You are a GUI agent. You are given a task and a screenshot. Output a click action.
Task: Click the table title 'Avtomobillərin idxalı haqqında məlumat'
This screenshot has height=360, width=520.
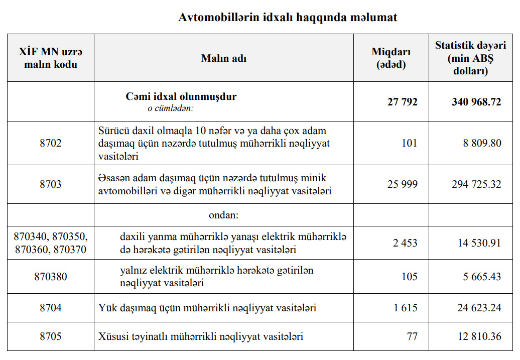[x=288, y=18]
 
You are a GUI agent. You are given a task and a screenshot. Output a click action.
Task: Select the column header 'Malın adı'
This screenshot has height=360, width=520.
[x=223, y=58]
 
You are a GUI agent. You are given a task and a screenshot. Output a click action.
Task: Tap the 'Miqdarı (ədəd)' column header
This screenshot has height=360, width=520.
[x=391, y=58]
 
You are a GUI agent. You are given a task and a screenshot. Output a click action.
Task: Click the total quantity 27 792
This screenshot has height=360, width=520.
[x=402, y=102]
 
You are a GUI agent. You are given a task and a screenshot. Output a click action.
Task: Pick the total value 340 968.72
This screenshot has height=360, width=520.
[x=476, y=102]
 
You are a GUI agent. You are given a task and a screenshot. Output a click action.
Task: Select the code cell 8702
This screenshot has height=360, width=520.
[x=51, y=143]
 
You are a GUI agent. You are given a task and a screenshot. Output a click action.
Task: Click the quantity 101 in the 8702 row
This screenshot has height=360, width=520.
[x=409, y=143]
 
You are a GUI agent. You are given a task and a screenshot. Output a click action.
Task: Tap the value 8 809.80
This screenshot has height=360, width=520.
[x=482, y=143]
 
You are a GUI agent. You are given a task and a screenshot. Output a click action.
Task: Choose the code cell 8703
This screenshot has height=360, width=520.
[x=51, y=184]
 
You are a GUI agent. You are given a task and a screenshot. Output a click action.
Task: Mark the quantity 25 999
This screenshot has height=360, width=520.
[x=402, y=184]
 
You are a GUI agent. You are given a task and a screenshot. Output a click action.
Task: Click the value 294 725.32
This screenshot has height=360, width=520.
[x=476, y=184]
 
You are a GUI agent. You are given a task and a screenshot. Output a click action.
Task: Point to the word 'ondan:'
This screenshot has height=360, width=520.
[x=223, y=215]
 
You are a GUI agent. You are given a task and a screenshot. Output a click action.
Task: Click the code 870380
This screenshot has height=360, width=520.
[x=51, y=277]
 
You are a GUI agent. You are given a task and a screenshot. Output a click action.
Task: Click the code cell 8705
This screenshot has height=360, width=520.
[x=51, y=336]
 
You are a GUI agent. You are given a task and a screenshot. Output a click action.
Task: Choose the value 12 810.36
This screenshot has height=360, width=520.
[x=479, y=336]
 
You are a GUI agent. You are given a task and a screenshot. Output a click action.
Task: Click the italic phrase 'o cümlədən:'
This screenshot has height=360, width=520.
[x=170, y=107]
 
